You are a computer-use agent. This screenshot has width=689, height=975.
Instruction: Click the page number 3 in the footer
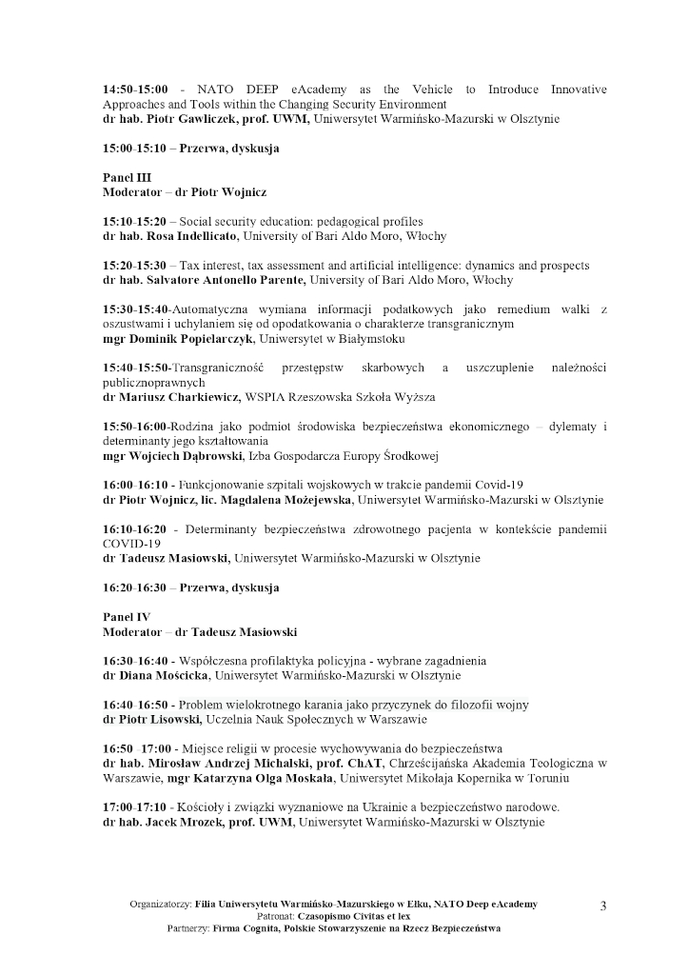[603, 905]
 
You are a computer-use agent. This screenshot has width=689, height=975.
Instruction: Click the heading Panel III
[124, 178]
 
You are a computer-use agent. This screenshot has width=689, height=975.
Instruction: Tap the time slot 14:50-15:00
[135, 90]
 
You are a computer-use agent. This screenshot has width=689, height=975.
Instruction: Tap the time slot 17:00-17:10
[135, 807]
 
